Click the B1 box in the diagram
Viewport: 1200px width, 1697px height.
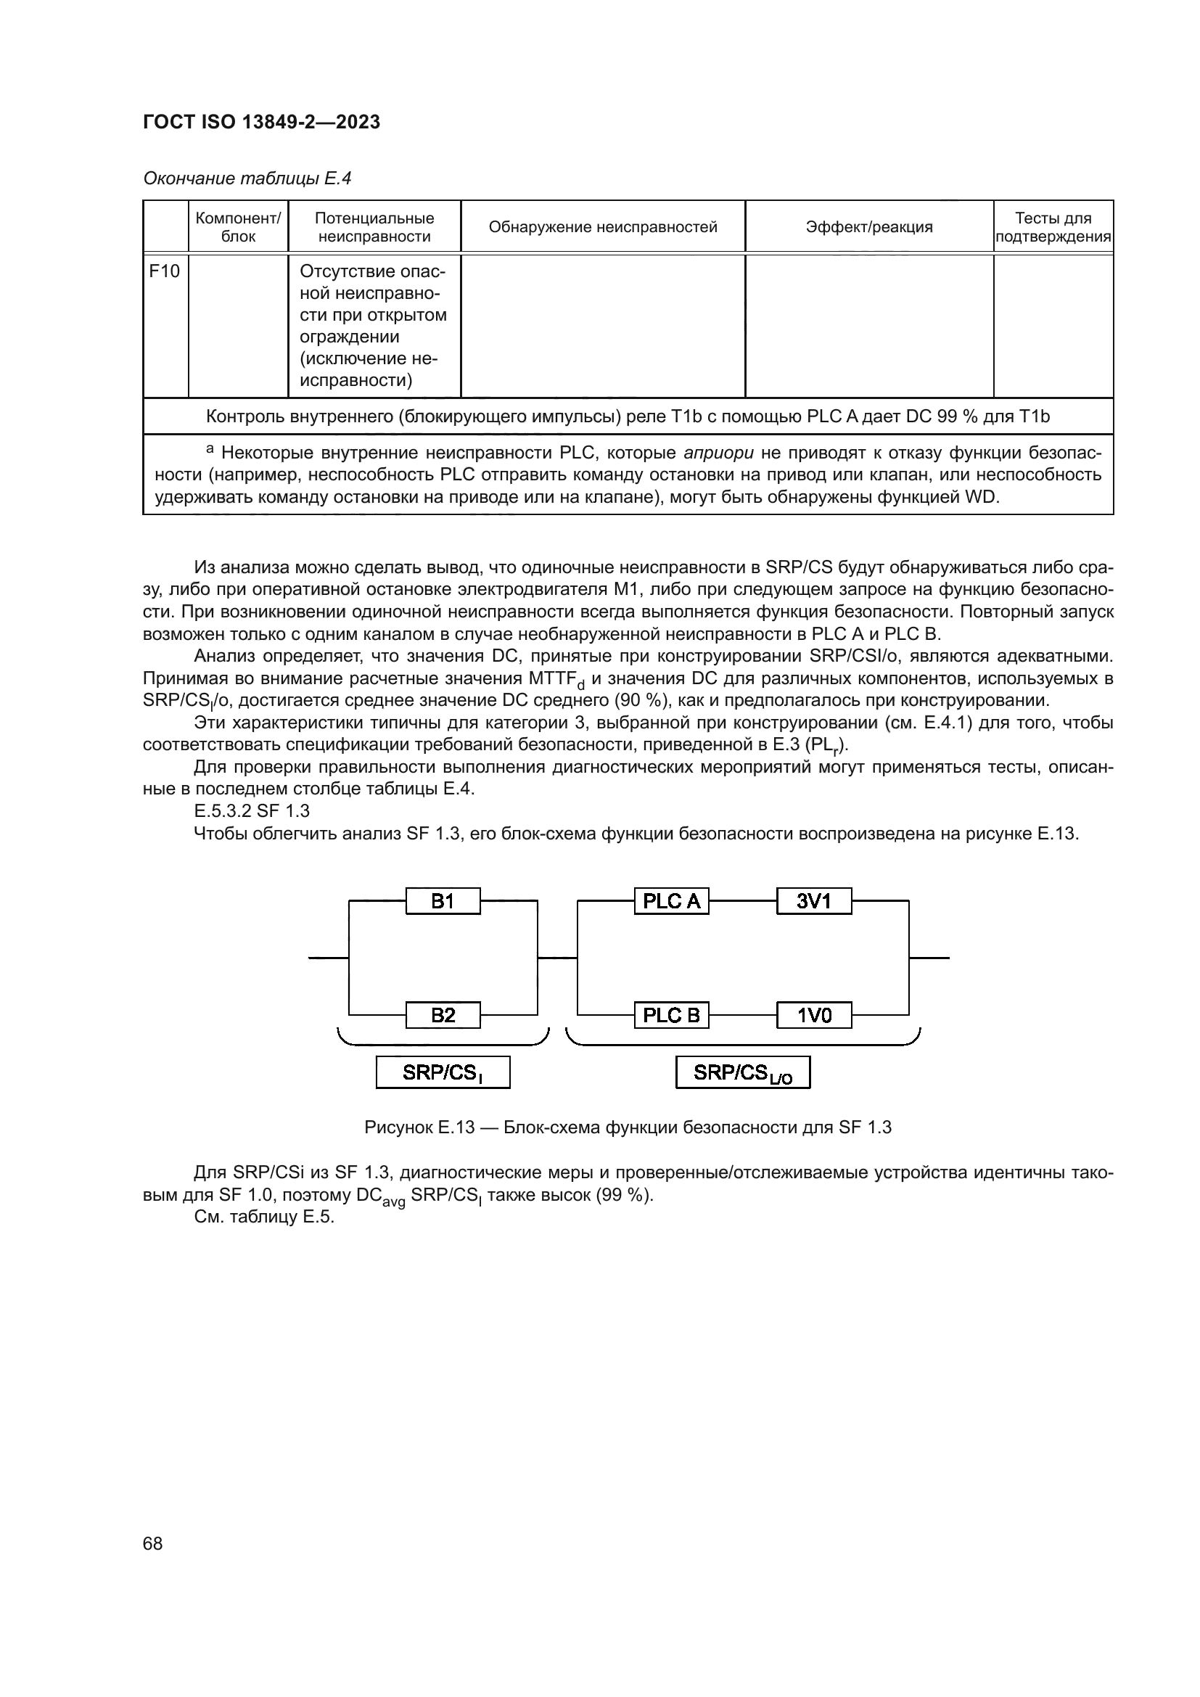(443, 901)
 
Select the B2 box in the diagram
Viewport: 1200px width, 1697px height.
(443, 1015)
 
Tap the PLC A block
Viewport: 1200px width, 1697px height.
(671, 901)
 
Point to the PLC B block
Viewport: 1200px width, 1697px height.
(671, 1015)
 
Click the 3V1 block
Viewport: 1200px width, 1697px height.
(813, 901)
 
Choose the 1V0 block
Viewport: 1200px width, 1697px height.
(813, 1015)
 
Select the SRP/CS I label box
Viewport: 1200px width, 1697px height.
(443, 1072)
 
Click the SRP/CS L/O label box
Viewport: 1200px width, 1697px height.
(743, 1072)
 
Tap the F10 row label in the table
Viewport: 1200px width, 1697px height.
(165, 271)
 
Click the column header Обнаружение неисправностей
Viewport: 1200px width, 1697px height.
(603, 227)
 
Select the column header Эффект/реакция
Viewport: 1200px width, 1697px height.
(869, 227)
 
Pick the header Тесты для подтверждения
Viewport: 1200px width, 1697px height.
(1053, 227)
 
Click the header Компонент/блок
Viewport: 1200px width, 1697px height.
(238, 227)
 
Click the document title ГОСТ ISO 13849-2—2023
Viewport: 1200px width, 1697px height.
(262, 122)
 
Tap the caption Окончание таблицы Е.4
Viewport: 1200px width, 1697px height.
(247, 178)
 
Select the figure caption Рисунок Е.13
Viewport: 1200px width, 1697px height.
(628, 1127)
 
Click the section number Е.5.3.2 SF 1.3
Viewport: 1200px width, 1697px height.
(252, 811)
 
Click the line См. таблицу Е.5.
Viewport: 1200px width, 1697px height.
(264, 1217)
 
